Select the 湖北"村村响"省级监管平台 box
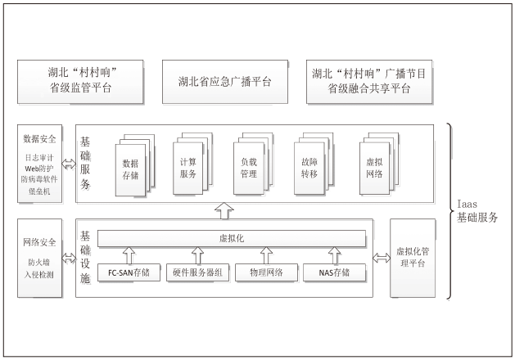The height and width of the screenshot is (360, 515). click(x=80, y=82)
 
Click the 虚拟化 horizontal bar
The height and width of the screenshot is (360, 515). click(x=231, y=238)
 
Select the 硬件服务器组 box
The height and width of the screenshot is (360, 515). click(x=198, y=272)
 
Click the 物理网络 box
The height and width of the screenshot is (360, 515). click(x=260, y=272)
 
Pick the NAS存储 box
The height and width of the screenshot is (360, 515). click(x=332, y=272)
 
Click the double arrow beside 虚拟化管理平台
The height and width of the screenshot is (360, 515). click(x=381, y=259)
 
